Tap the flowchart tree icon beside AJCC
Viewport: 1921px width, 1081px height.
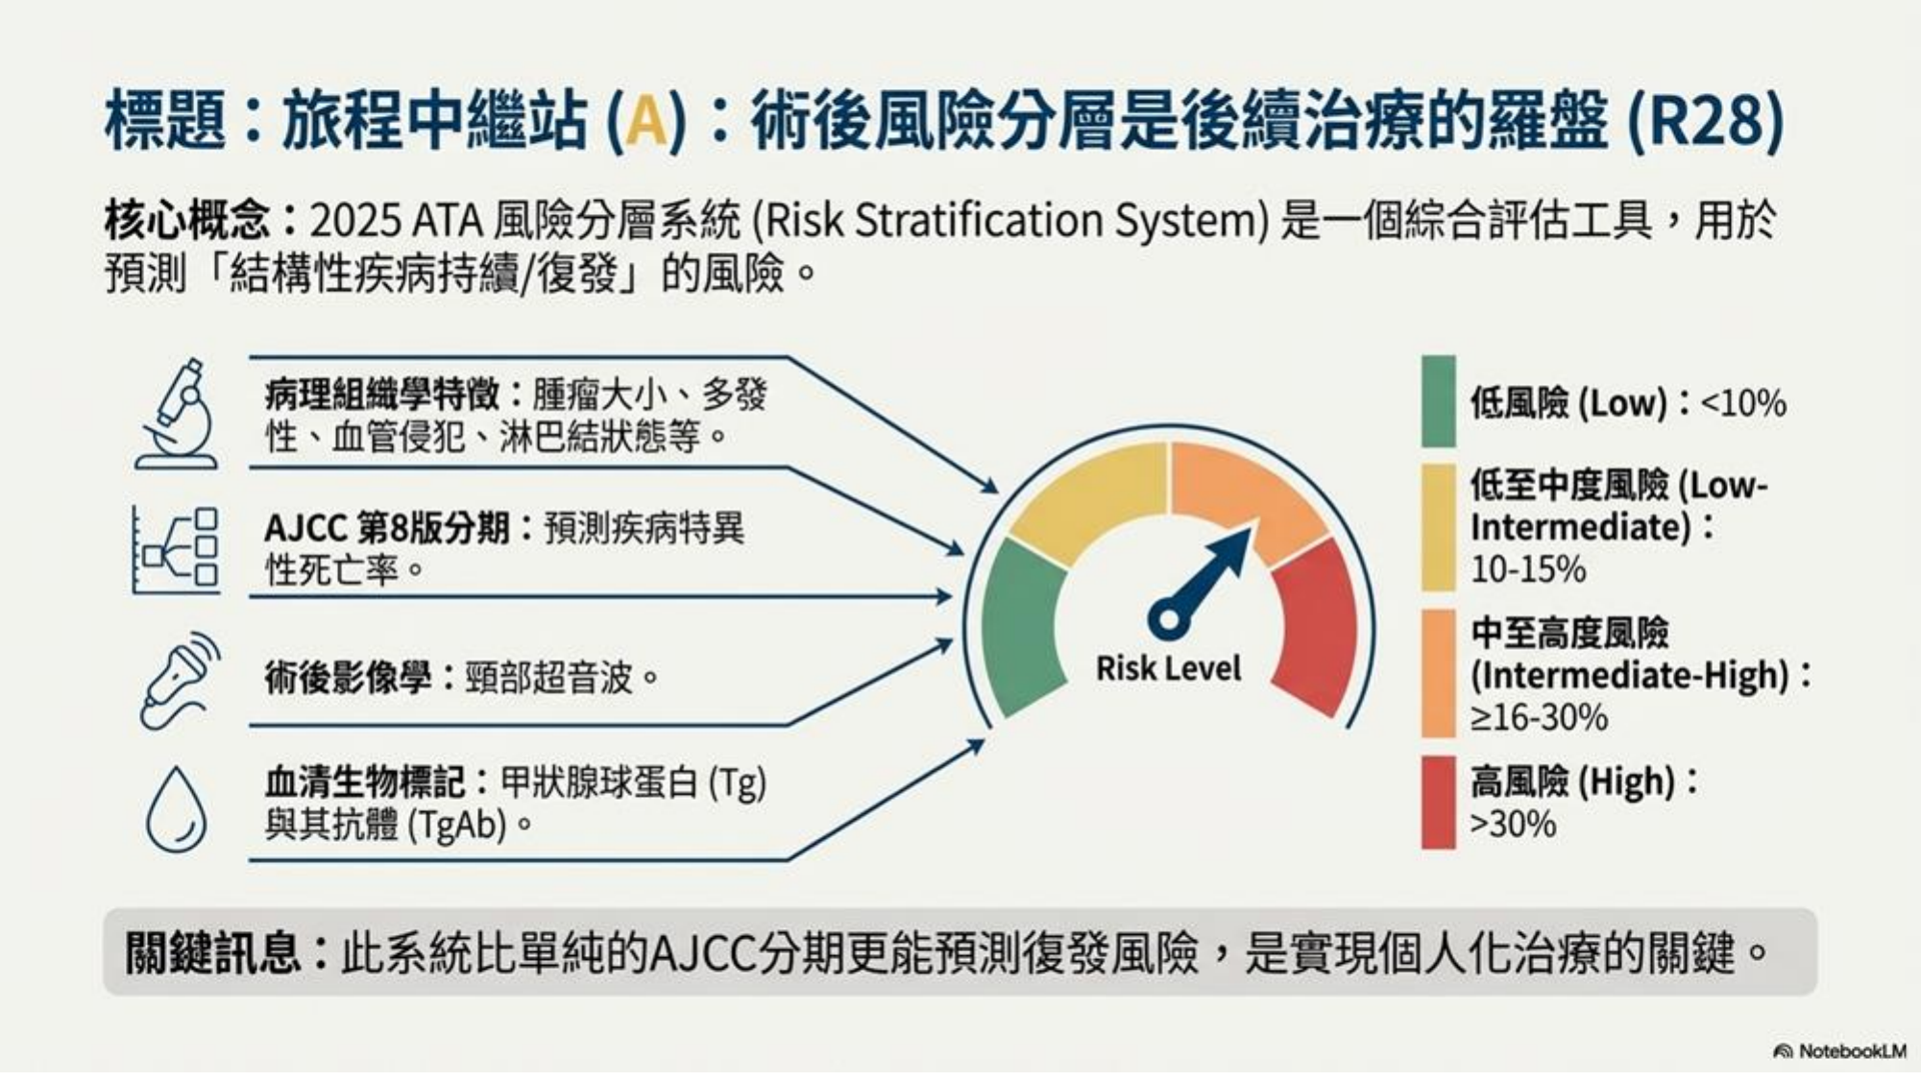tap(176, 548)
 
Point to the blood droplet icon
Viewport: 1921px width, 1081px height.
tap(177, 809)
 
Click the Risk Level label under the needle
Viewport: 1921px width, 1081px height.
tap(1168, 668)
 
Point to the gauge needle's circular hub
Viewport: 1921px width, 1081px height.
tap(1169, 616)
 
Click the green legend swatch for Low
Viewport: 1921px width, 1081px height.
tap(1438, 401)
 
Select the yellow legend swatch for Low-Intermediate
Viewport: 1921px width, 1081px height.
tap(1438, 527)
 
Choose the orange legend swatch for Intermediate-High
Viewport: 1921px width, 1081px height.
tap(1438, 673)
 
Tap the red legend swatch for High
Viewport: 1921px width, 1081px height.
tap(1438, 802)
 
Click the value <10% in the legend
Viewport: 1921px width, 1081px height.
tap(1743, 403)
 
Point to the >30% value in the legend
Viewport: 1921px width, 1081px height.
tap(1513, 824)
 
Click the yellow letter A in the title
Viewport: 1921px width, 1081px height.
tap(646, 121)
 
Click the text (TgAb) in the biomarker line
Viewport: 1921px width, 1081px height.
tap(456, 825)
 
